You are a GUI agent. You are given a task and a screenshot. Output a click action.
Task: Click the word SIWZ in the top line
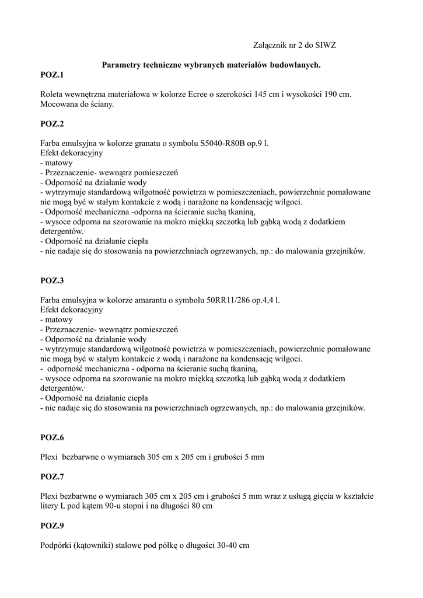click(x=326, y=44)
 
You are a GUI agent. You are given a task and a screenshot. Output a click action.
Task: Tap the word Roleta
click(x=52, y=94)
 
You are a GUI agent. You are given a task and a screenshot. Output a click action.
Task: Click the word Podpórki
click(x=56, y=545)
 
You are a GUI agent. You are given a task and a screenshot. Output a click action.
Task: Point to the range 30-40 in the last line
click(x=226, y=545)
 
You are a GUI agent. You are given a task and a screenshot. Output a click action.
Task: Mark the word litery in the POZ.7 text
click(x=50, y=507)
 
